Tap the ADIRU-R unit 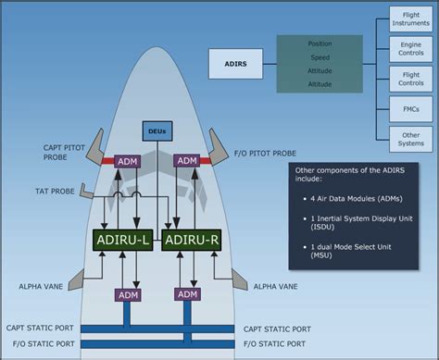pyautogui.click(x=189, y=241)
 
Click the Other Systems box pyautogui.click(x=410, y=139)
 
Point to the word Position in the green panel pyautogui.click(x=320, y=43)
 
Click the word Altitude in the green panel pyautogui.click(x=320, y=84)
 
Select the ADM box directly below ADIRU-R pyautogui.click(x=187, y=294)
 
